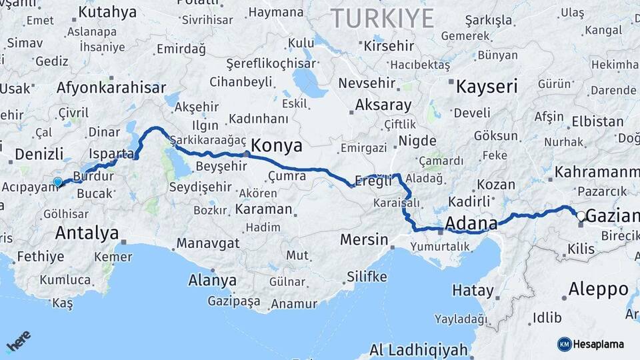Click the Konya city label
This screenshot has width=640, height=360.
[x=277, y=146]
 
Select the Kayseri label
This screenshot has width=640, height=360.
[x=487, y=86]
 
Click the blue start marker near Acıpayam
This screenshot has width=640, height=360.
[x=58, y=181]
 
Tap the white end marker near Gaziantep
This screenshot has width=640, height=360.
[x=581, y=215]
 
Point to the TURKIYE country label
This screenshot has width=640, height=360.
[x=383, y=18]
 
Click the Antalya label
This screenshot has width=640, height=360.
[x=87, y=233]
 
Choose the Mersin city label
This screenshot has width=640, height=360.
[x=364, y=239]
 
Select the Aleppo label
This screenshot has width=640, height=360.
[x=599, y=289]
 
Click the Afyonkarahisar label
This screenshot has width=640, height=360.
[x=111, y=87]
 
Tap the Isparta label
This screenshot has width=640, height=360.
[x=111, y=154]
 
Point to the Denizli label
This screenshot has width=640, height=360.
[x=39, y=154]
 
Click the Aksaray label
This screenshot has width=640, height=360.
[x=383, y=105]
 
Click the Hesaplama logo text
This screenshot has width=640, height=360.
[x=598, y=344]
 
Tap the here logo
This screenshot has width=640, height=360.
[x=19, y=342]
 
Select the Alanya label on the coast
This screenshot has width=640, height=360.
[x=213, y=280]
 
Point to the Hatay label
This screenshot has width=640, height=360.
[x=473, y=291]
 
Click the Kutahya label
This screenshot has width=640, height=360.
[x=107, y=12]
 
